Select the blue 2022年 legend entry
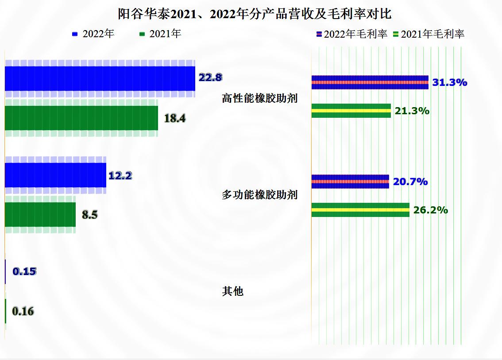point(93,34)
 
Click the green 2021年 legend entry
point(160,34)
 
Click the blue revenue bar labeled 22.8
point(100,78)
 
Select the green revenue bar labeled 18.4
point(81,118)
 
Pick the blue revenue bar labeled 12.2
point(55,175)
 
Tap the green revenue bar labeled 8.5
point(40,215)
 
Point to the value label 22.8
point(210,77)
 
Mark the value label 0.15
point(24,271)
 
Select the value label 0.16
point(23,311)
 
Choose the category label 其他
point(233,291)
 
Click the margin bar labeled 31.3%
point(370,82)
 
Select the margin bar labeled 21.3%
point(351,111)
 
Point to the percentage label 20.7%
point(410,182)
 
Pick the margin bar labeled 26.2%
point(360,210)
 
